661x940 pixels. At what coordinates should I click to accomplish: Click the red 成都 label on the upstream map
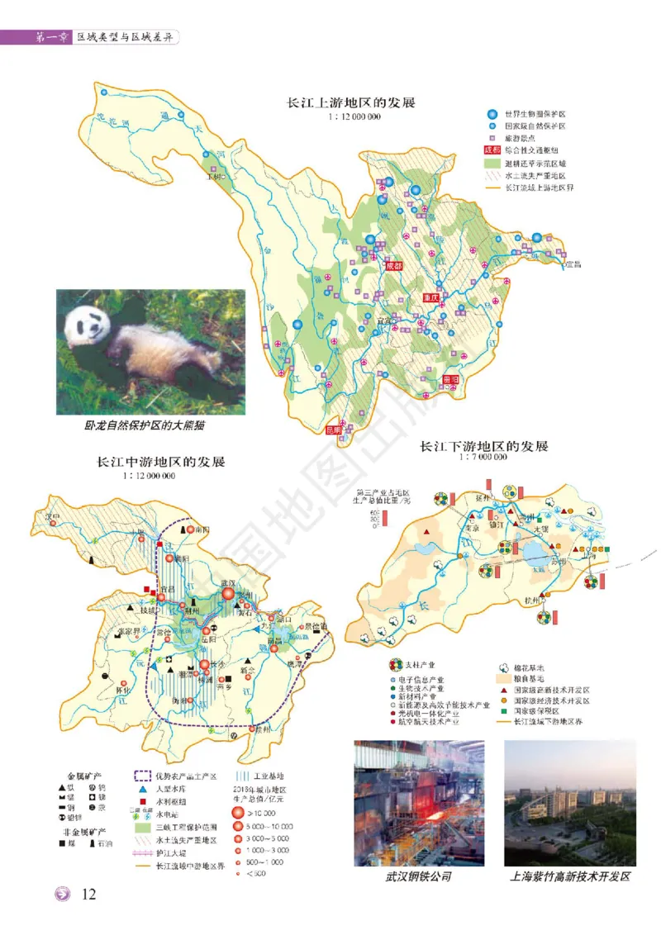[393, 267]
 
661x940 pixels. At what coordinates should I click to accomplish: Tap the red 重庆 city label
[430, 297]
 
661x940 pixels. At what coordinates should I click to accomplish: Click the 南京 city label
[472, 526]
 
